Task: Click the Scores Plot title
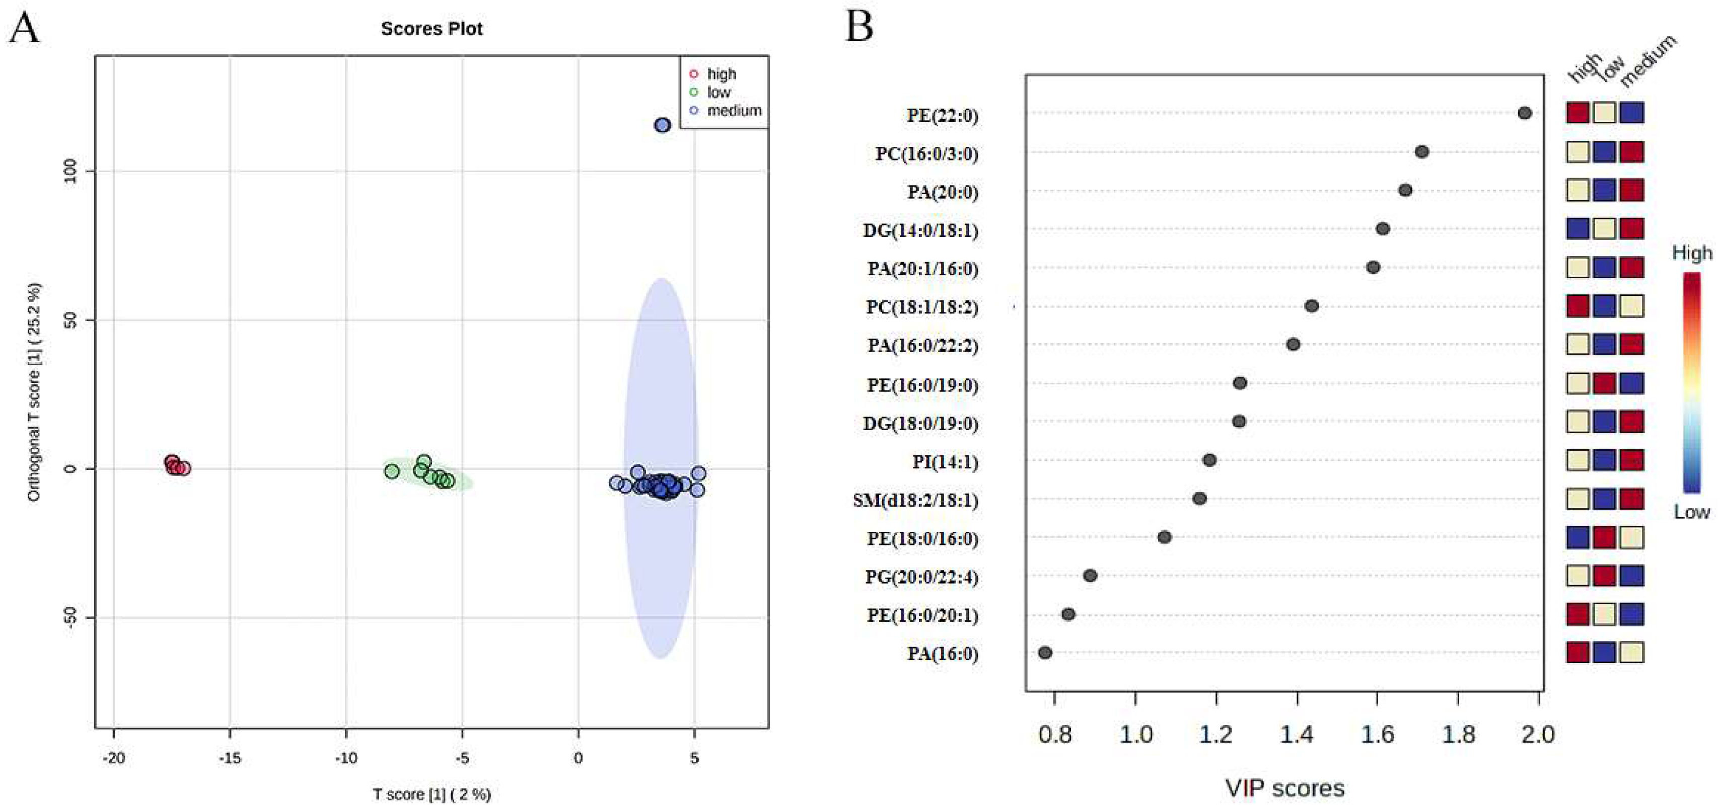[x=432, y=29]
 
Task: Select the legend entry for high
[x=721, y=73]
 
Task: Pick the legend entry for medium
[x=734, y=110]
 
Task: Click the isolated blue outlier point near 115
[x=662, y=125]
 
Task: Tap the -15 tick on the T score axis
[x=230, y=758]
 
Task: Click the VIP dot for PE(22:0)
[x=1524, y=113]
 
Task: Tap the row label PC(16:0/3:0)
[x=926, y=154]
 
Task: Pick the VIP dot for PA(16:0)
[x=1045, y=653]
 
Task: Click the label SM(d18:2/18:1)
[x=915, y=500]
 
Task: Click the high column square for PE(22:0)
[x=1577, y=112]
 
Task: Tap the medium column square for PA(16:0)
[x=1631, y=652]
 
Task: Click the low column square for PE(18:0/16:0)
[x=1604, y=537]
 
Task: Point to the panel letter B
[x=859, y=27]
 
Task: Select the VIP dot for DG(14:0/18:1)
[x=1383, y=228]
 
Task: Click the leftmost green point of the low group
[x=392, y=471]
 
